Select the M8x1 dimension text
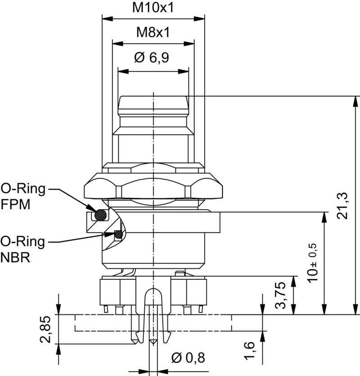(x=153, y=32)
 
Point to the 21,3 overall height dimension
(x=343, y=205)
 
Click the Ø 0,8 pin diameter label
(x=188, y=358)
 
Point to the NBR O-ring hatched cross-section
(x=118, y=234)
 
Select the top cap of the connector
(x=153, y=104)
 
